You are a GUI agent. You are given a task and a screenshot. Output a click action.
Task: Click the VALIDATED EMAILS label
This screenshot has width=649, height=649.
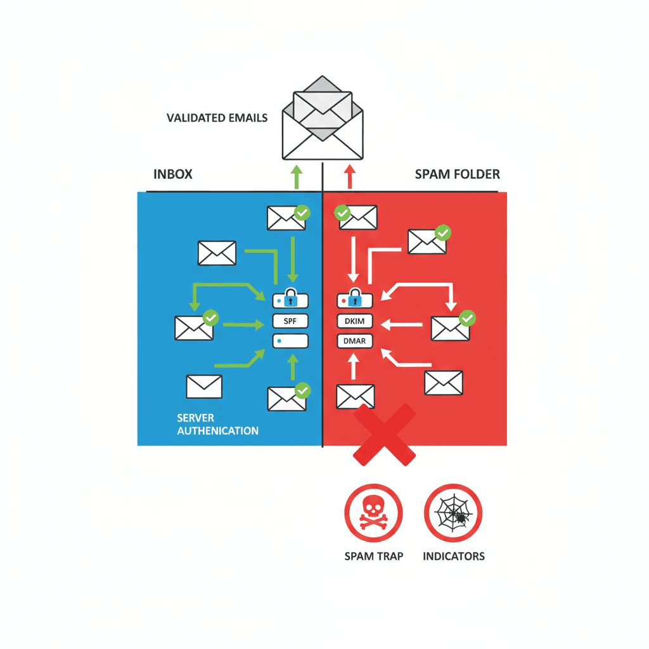(x=217, y=118)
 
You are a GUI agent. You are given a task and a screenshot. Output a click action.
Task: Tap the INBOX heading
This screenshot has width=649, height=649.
(x=172, y=174)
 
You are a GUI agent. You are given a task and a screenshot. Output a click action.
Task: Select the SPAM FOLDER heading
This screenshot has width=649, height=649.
(x=457, y=174)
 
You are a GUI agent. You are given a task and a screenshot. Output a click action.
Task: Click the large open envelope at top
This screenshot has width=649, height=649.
(x=323, y=120)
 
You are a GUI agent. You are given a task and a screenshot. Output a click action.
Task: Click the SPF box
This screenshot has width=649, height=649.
(x=290, y=321)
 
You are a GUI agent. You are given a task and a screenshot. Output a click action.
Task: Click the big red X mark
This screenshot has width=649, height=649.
(x=384, y=435)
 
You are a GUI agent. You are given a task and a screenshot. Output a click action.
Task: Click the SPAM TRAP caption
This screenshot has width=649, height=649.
(x=373, y=556)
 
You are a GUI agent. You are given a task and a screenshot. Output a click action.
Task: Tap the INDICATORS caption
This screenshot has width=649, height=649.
(x=453, y=556)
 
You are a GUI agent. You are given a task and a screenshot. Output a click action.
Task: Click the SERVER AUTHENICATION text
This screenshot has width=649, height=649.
(x=217, y=425)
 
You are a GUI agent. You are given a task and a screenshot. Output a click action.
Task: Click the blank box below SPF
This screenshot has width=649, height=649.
(x=290, y=342)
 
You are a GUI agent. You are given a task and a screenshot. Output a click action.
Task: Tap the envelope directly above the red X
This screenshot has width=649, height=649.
(x=355, y=396)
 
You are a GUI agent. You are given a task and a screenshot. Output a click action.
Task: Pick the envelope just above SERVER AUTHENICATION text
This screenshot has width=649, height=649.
(x=204, y=386)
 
